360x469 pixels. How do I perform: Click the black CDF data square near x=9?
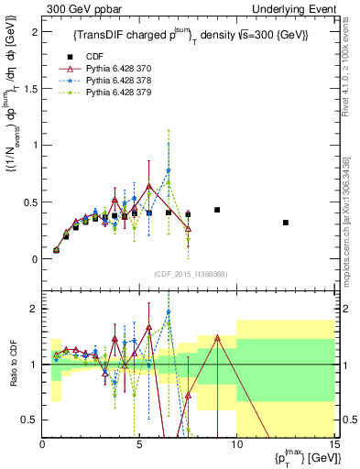click(x=217, y=210)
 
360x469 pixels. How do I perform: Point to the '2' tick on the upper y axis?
click(x=34, y=31)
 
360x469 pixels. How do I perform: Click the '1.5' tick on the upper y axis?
click(x=30, y=88)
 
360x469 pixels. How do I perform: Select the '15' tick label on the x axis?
click(x=333, y=444)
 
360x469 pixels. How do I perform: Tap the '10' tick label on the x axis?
click(x=236, y=444)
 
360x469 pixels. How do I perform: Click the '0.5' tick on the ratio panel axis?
click(x=30, y=420)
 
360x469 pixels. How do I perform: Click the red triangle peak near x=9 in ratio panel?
click(x=217, y=337)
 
